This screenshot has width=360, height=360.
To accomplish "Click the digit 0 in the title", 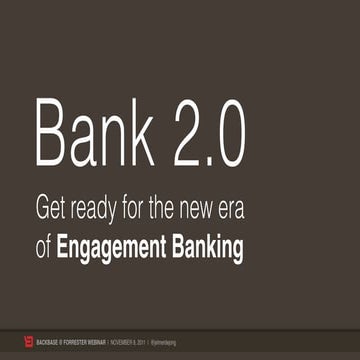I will (x=228, y=134).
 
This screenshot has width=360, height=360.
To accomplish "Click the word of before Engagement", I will (x=43, y=247).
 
